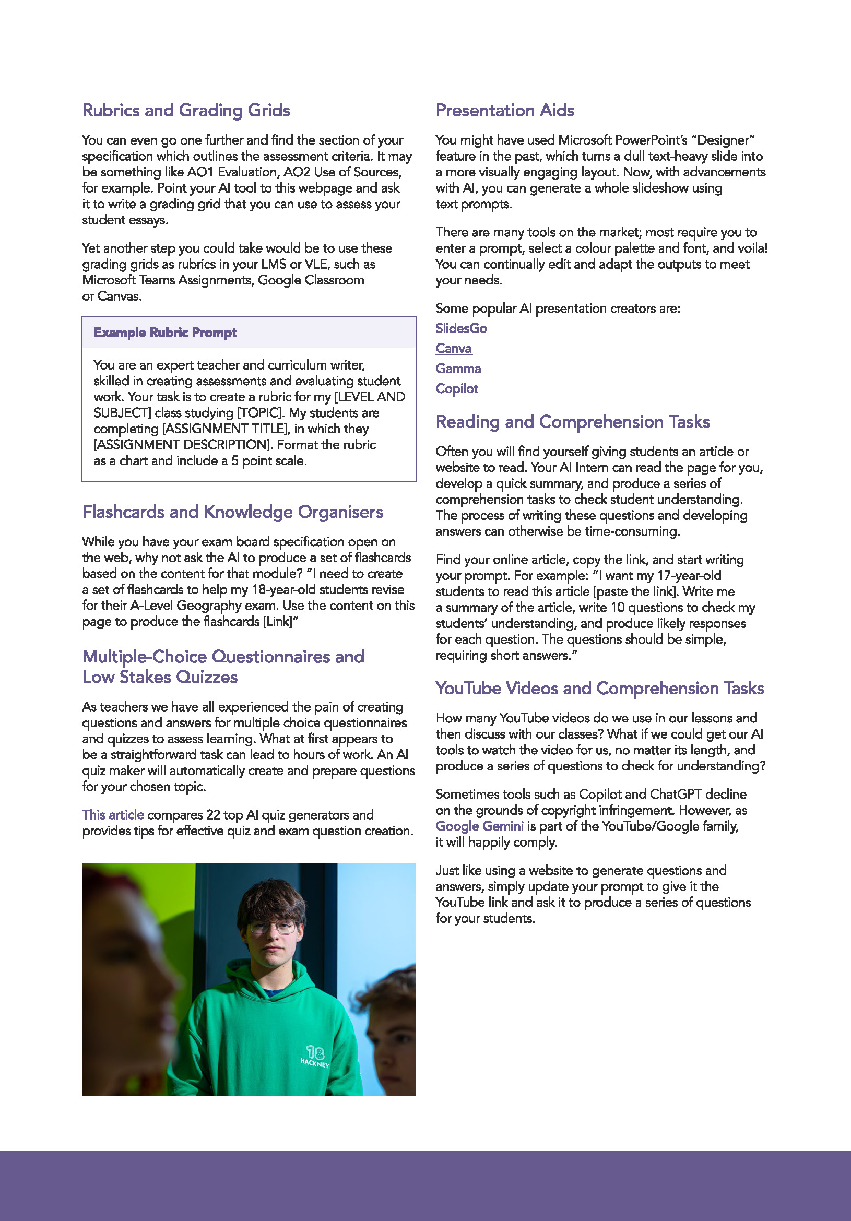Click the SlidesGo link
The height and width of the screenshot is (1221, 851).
tap(461, 329)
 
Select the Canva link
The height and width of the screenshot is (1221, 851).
tap(453, 349)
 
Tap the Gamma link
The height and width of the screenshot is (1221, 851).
tap(458, 369)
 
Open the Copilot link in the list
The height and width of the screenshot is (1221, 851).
tap(457, 389)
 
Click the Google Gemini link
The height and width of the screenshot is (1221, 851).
tap(479, 826)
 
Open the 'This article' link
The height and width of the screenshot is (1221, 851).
tap(113, 815)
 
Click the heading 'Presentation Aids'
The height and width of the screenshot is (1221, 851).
tap(505, 110)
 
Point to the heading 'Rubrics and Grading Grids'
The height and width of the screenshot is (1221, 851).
tap(186, 110)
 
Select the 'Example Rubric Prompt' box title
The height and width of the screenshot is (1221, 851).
tap(166, 333)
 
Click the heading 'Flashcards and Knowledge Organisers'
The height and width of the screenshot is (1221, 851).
tap(232, 512)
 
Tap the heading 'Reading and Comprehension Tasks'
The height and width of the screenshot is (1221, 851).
tap(572, 422)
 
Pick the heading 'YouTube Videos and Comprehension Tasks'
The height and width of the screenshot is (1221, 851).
tap(599, 688)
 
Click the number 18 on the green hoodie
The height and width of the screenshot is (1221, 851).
tap(315, 1052)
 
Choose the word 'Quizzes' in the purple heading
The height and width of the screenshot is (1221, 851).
tap(206, 677)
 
